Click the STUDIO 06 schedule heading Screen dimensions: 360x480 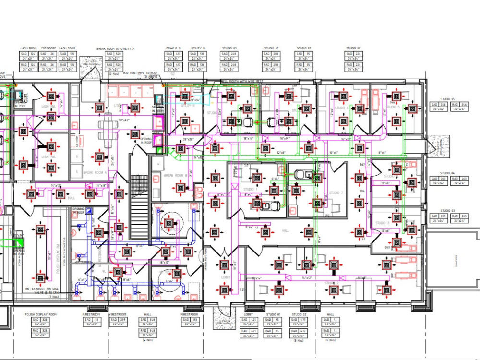353,48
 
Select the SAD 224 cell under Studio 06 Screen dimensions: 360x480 353,54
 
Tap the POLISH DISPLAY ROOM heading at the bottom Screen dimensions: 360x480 41,314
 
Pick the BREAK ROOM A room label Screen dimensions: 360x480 95,172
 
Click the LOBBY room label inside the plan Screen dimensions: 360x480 226,277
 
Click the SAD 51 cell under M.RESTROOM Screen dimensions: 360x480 90,319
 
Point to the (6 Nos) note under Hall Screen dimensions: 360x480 330,340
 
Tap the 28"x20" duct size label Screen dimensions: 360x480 188,139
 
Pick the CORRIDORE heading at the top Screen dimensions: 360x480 48,48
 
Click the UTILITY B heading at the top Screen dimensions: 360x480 198,48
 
